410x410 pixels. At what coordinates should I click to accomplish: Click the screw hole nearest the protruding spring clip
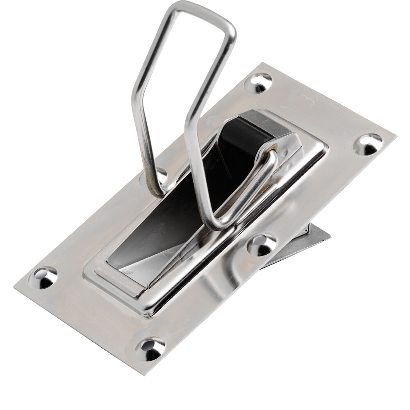click(x=262, y=245)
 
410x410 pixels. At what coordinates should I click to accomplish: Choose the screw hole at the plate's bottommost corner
click(x=150, y=348)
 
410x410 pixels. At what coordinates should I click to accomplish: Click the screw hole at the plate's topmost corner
click(x=258, y=83)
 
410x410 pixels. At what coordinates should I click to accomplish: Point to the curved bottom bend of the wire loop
click(x=217, y=223)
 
